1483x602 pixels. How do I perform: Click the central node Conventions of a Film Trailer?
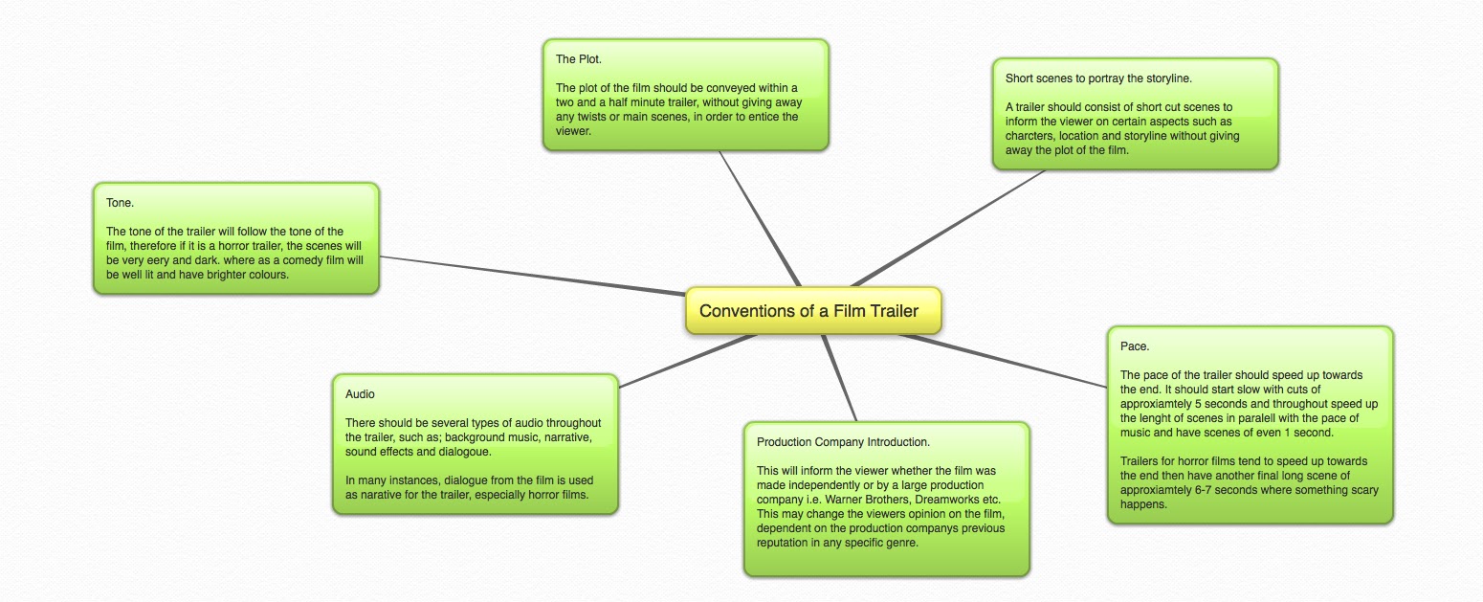[808, 311]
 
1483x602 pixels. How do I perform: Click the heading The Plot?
[579, 59]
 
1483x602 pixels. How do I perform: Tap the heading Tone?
[120, 203]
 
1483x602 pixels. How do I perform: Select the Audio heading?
[360, 393]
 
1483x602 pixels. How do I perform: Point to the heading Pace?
[1135, 346]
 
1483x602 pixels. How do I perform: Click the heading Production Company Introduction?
[843, 442]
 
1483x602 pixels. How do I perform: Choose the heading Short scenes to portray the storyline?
[1098, 78]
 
